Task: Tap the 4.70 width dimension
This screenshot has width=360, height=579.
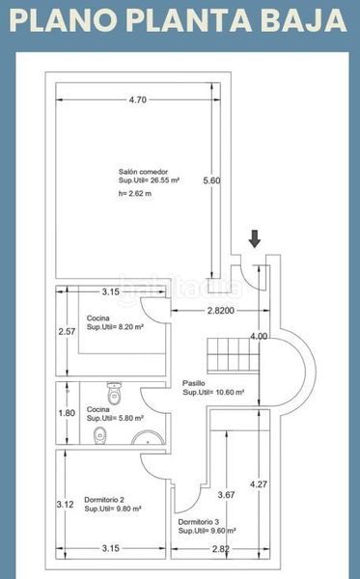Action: click(x=138, y=99)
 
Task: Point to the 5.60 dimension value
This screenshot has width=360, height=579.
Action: click(x=211, y=180)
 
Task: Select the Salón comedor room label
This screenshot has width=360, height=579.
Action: click(x=143, y=172)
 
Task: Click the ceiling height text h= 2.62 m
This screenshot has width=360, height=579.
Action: click(x=135, y=194)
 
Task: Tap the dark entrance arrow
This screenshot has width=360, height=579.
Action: click(x=255, y=238)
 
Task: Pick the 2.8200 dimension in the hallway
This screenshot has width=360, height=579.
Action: click(x=221, y=311)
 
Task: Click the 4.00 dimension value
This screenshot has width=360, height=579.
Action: click(x=259, y=337)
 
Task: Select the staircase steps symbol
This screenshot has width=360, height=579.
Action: click(x=233, y=355)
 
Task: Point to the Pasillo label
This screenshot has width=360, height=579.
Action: click(x=194, y=383)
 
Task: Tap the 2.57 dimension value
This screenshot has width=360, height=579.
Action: click(x=67, y=332)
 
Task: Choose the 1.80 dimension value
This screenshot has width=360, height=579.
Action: click(x=67, y=413)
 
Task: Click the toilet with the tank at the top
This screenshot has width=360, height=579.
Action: click(x=115, y=393)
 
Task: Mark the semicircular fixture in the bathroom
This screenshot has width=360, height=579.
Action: click(x=148, y=437)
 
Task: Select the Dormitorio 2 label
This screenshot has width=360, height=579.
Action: click(x=104, y=500)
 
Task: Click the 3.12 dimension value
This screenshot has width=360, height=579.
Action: click(x=66, y=505)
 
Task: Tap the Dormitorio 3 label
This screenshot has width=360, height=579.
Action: click(x=199, y=522)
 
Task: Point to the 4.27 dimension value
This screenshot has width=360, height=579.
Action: click(x=259, y=484)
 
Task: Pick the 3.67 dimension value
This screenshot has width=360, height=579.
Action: click(x=227, y=495)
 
